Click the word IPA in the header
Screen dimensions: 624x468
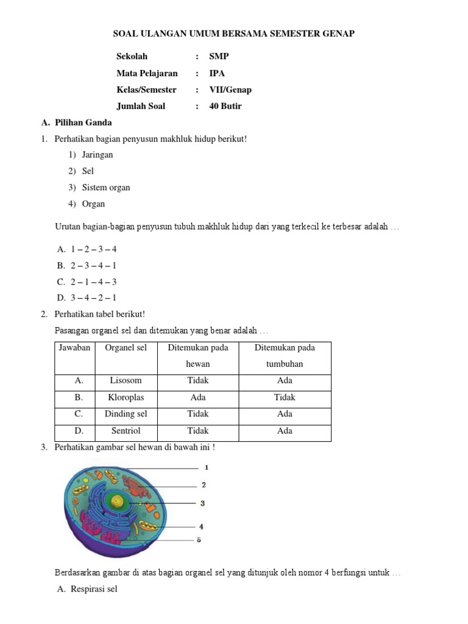point(217,73)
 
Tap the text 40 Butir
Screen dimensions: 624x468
point(225,106)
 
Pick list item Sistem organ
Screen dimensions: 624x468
point(105,188)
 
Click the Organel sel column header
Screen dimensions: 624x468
point(126,347)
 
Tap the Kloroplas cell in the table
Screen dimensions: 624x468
point(126,397)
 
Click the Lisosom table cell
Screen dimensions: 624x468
point(126,380)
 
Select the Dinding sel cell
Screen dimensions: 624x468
point(126,414)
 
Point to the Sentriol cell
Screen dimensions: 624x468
point(126,431)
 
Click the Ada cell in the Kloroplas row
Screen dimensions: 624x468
point(198,397)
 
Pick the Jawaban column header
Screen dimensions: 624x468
point(74,347)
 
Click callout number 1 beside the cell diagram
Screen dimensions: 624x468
point(207,467)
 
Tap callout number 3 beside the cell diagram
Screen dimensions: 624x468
point(202,503)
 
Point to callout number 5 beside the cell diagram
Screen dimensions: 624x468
point(199,540)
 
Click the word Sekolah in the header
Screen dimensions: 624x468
point(132,57)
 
